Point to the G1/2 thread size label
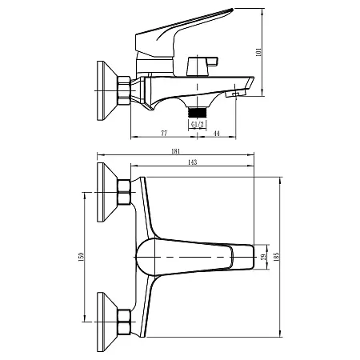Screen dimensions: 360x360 click(x=195, y=123)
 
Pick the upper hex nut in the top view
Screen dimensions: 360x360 click(x=125, y=194)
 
